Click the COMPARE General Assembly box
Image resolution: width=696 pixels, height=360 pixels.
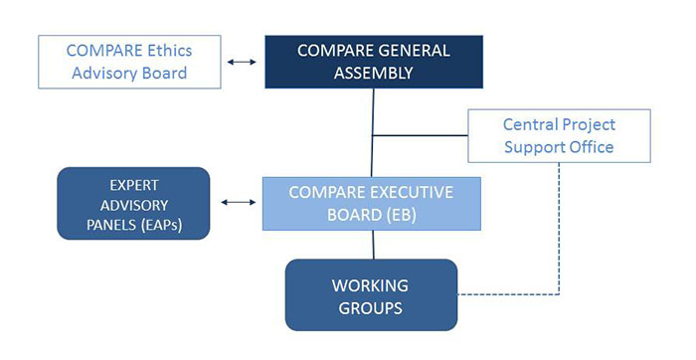tap(372, 61)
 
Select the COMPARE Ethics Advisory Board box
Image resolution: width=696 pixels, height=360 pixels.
tap(128, 61)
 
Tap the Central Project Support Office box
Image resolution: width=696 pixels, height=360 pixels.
tap(559, 136)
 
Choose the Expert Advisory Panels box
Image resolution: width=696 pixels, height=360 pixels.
tap(134, 204)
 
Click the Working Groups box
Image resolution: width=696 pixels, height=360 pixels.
tap(370, 295)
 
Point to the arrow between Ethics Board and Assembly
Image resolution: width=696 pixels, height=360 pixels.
tap(240, 62)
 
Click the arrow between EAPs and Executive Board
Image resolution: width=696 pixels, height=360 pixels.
tap(236, 203)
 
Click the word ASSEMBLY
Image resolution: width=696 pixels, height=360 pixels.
tap(371, 73)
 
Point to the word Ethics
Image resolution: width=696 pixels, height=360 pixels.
tap(165, 49)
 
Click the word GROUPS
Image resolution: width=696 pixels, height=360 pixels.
tap(370, 307)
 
